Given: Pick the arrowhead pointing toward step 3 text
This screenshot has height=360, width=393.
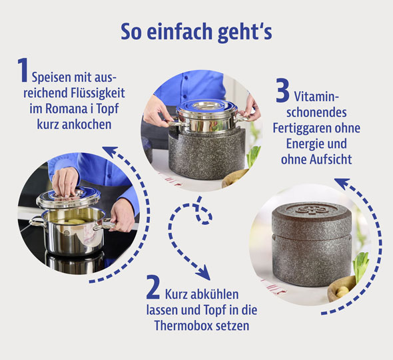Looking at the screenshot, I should click(x=341, y=182).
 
